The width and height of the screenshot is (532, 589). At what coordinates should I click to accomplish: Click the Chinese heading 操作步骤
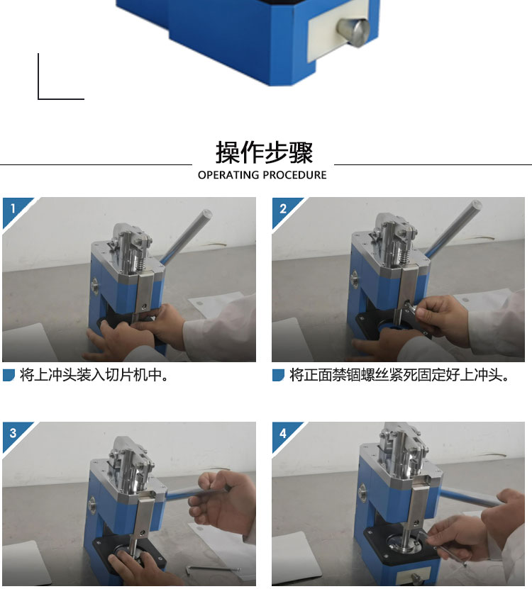pyautogui.click(x=264, y=152)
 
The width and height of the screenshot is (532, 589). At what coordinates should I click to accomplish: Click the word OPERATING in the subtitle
pyautogui.click(x=228, y=175)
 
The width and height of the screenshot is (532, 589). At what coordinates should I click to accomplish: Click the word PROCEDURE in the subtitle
pyautogui.click(x=295, y=175)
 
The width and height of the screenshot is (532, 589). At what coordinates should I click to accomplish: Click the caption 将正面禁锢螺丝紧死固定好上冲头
pyautogui.click(x=399, y=374)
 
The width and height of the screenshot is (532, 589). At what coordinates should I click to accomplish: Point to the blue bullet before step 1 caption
pyautogui.click(x=9, y=375)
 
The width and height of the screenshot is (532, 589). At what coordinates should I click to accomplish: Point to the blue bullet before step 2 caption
pyautogui.click(x=278, y=375)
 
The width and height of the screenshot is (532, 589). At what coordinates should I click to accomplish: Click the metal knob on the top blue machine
pyautogui.click(x=353, y=32)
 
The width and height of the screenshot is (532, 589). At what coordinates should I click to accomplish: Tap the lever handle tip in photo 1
pyautogui.click(x=207, y=214)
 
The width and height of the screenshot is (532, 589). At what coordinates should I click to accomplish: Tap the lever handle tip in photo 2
pyautogui.click(x=477, y=205)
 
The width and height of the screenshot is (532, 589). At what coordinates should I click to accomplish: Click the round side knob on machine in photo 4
pyautogui.click(x=362, y=493)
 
